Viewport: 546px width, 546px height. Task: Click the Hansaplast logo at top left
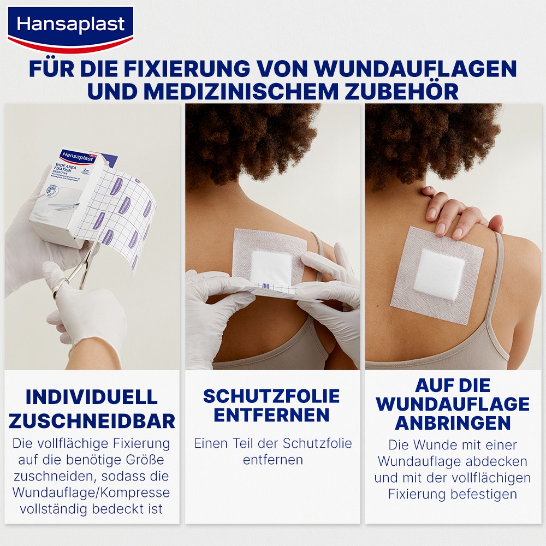(70, 29)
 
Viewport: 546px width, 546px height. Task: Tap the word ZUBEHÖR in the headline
(401, 91)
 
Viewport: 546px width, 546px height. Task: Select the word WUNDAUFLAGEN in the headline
(416, 68)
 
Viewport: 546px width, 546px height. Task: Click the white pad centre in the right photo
(439, 275)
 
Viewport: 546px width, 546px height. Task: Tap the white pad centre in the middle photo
(271, 268)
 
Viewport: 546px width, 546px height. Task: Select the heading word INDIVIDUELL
(92, 397)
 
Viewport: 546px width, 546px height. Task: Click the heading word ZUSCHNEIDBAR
(92, 421)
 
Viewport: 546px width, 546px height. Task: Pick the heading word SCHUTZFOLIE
(271, 396)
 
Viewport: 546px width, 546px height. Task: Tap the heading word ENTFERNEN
(271, 415)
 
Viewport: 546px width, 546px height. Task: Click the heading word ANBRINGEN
(453, 423)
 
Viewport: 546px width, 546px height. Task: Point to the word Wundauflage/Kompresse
(91, 492)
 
